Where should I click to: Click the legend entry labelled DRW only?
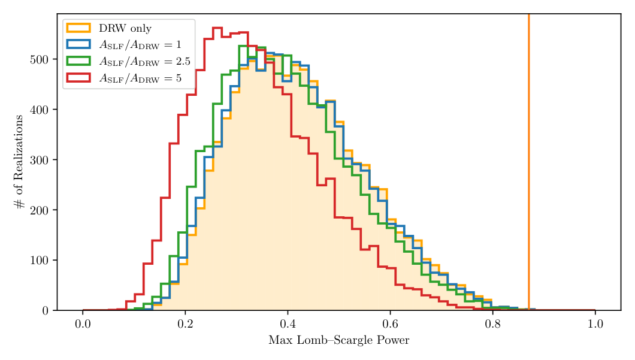point(125,28)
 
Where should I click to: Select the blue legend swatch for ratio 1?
point(78,44)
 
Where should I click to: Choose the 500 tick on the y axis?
point(39,59)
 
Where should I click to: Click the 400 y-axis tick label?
point(39,110)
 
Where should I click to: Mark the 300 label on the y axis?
point(39,160)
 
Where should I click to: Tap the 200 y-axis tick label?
point(39,210)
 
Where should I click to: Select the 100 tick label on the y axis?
point(39,261)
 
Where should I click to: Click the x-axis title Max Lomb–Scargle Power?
point(338,341)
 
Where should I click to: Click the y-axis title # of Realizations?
point(20,162)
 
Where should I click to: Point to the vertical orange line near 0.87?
point(528,150)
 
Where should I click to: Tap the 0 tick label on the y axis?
point(45,310)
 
